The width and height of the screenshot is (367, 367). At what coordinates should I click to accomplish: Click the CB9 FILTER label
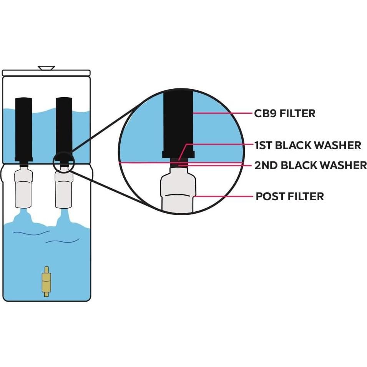pyautogui.click(x=284, y=113)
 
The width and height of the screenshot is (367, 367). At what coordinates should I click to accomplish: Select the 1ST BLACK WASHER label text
pyautogui.click(x=307, y=145)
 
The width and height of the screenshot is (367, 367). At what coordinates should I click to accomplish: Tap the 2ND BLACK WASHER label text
pyautogui.click(x=310, y=165)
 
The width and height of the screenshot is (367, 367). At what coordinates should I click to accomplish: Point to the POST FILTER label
pyautogui.click(x=289, y=196)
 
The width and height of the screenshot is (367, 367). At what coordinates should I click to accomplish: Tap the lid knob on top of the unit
pyautogui.click(x=46, y=68)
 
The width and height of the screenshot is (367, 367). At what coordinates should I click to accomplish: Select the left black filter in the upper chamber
pyautogui.click(x=23, y=129)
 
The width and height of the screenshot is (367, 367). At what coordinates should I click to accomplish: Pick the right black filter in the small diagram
pyautogui.click(x=64, y=127)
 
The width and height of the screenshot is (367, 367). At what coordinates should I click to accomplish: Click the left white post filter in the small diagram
pyautogui.click(x=23, y=188)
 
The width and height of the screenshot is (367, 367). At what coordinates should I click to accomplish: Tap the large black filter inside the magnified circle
pyautogui.click(x=177, y=123)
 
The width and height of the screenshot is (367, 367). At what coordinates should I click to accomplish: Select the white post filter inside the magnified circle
pyautogui.click(x=178, y=192)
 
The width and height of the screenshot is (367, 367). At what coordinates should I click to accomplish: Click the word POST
pyautogui.click(x=270, y=196)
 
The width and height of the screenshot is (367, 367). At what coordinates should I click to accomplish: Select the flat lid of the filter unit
pyautogui.click(x=46, y=73)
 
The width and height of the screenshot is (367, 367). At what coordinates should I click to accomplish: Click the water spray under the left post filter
pyautogui.click(x=23, y=217)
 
